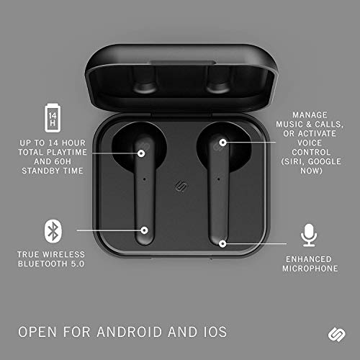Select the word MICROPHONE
point(310,269)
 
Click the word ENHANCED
point(310,258)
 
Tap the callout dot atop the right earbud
point(222,142)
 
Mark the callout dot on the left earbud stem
point(145,230)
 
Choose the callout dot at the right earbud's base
point(222,243)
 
